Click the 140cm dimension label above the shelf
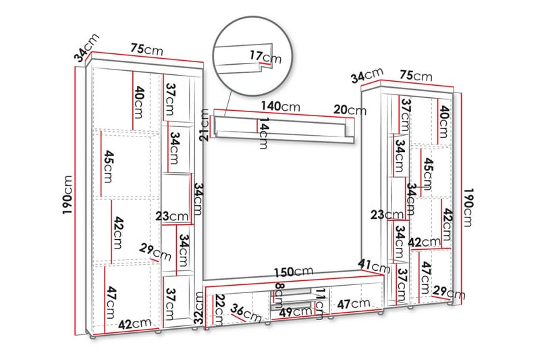pyautogui.click(x=281, y=107)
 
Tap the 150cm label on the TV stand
pyautogui.click(x=290, y=273)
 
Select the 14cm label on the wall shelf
pyautogui.click(x=264, y=134)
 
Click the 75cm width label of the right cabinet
pyautogui.click(x=416, y=76)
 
